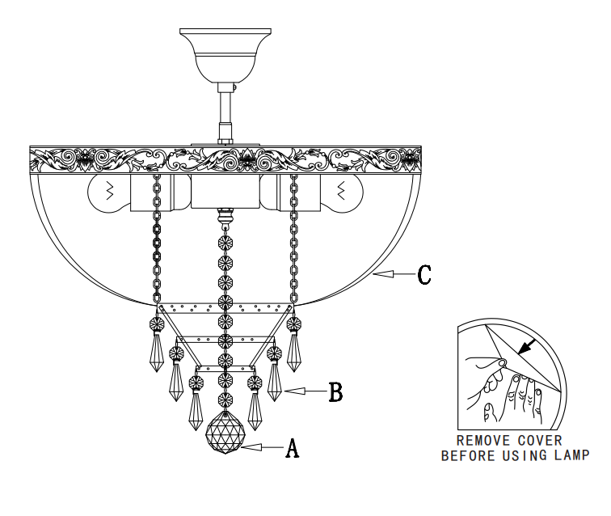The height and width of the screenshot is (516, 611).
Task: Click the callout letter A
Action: (x=293, y=448)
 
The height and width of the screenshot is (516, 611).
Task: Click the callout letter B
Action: (x=336, y=391)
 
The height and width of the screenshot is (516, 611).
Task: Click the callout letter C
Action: (x=424, y=274)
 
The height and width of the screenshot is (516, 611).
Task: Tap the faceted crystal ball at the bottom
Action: (x=225, y=432)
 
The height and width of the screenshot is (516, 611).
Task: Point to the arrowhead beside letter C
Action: (x=383, y=274)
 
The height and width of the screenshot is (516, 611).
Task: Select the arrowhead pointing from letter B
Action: (x=295, y=391)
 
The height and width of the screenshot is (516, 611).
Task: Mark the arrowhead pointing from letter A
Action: (x=251, y=447)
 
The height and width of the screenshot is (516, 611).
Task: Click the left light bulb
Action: (x=109, y=193)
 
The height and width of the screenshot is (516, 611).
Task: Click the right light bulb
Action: (x=342, y=193)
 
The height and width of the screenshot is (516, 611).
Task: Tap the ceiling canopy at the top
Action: (x=225, y=55)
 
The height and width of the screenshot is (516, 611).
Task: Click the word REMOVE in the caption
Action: (x=482, y=441)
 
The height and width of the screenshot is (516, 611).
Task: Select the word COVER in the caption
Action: (x=540, y=441)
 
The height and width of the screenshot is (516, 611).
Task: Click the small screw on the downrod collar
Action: (x=234, y=87)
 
